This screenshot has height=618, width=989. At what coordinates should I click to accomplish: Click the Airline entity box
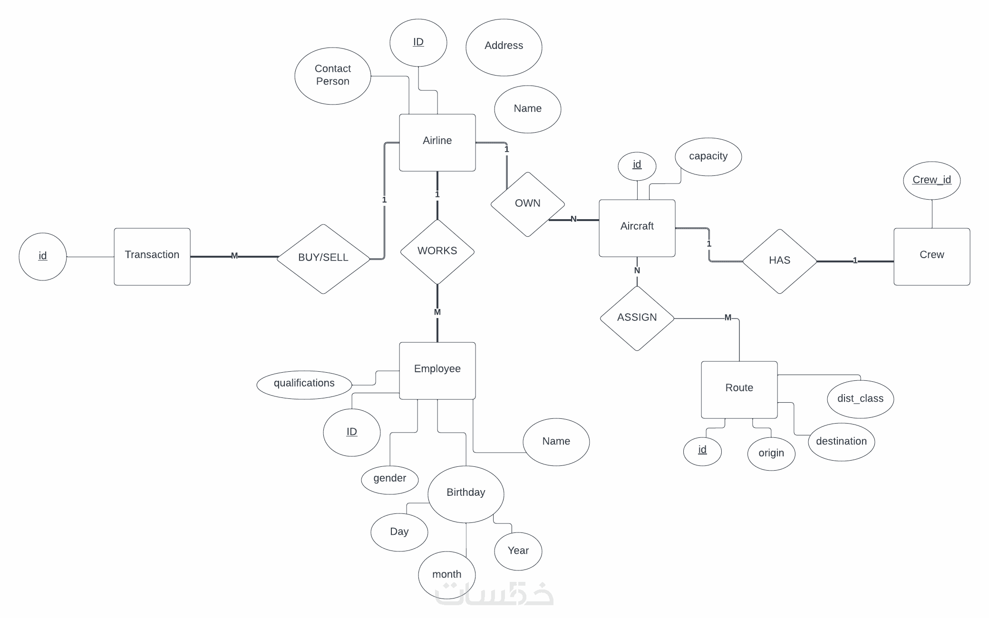437,143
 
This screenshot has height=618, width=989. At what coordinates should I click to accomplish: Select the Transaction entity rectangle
152,257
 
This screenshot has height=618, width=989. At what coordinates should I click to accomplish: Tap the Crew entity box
932,257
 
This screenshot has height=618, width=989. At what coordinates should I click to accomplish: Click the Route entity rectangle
739,390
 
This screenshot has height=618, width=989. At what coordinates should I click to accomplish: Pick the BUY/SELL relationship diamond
323,259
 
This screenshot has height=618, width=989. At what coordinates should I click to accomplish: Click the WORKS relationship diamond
437,252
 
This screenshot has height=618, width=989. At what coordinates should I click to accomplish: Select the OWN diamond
528,204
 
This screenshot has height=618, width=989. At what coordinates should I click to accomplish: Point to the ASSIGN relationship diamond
637,319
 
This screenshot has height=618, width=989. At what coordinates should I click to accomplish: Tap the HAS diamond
780,261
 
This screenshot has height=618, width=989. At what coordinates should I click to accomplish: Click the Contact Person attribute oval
333,76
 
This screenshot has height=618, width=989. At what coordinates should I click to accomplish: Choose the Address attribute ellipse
504,48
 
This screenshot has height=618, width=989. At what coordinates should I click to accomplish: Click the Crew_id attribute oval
932,181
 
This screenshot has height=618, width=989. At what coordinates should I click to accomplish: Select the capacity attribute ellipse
708,157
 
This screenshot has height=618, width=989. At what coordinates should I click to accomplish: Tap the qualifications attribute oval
304,385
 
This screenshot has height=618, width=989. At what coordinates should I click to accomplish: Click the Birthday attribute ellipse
466,494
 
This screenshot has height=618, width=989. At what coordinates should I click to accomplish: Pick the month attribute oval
447,575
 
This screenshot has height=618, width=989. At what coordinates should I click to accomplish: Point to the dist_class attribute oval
861,399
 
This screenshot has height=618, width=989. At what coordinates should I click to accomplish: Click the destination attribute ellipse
842,442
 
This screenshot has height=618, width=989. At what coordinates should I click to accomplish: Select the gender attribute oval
390,480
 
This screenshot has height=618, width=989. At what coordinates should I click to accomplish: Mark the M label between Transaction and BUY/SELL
234,256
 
